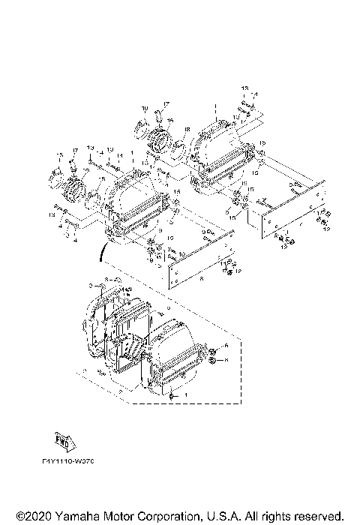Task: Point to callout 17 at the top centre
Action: pyautogui.click(x=167, y=103)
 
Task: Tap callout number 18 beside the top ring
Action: pyautogui.click(x=187, y=128)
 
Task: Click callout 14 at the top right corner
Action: pyautogui.click(x=256, y=94)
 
